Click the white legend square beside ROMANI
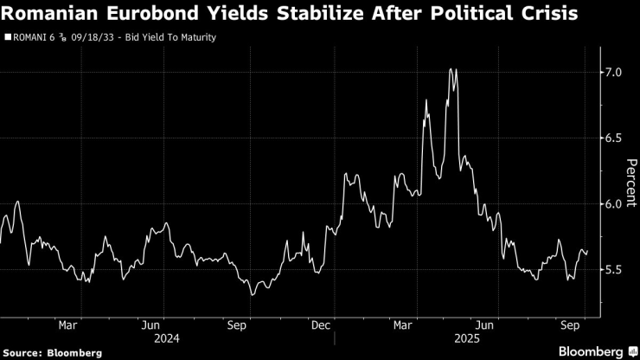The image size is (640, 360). [x=8, y=38]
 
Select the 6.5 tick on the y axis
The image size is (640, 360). [x=613, y=138]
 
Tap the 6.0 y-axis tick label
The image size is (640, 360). [x=613, y=203]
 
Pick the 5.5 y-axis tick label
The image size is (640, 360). [x=613, y=269]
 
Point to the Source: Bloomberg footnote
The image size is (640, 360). [x=53, y=353]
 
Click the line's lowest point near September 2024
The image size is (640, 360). [x=253, y=295]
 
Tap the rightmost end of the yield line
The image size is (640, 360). [x=588, y=252]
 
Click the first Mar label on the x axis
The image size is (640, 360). [x=69, y=325]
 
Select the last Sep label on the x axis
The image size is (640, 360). [x=571, y=325]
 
